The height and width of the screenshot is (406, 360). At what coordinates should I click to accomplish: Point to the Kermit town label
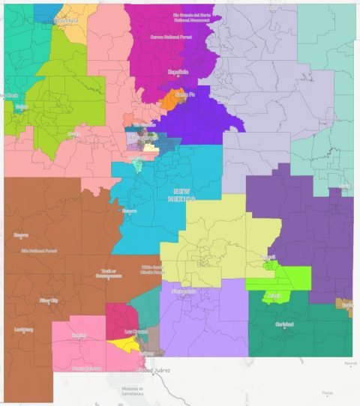(x=350, y=363)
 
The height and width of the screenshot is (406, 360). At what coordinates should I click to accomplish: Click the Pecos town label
(x=325, y=393)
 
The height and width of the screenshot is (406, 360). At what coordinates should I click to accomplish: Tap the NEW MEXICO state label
(x=183, y=194)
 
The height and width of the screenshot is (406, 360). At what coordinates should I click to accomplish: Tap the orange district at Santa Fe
(x=169, y=100)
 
